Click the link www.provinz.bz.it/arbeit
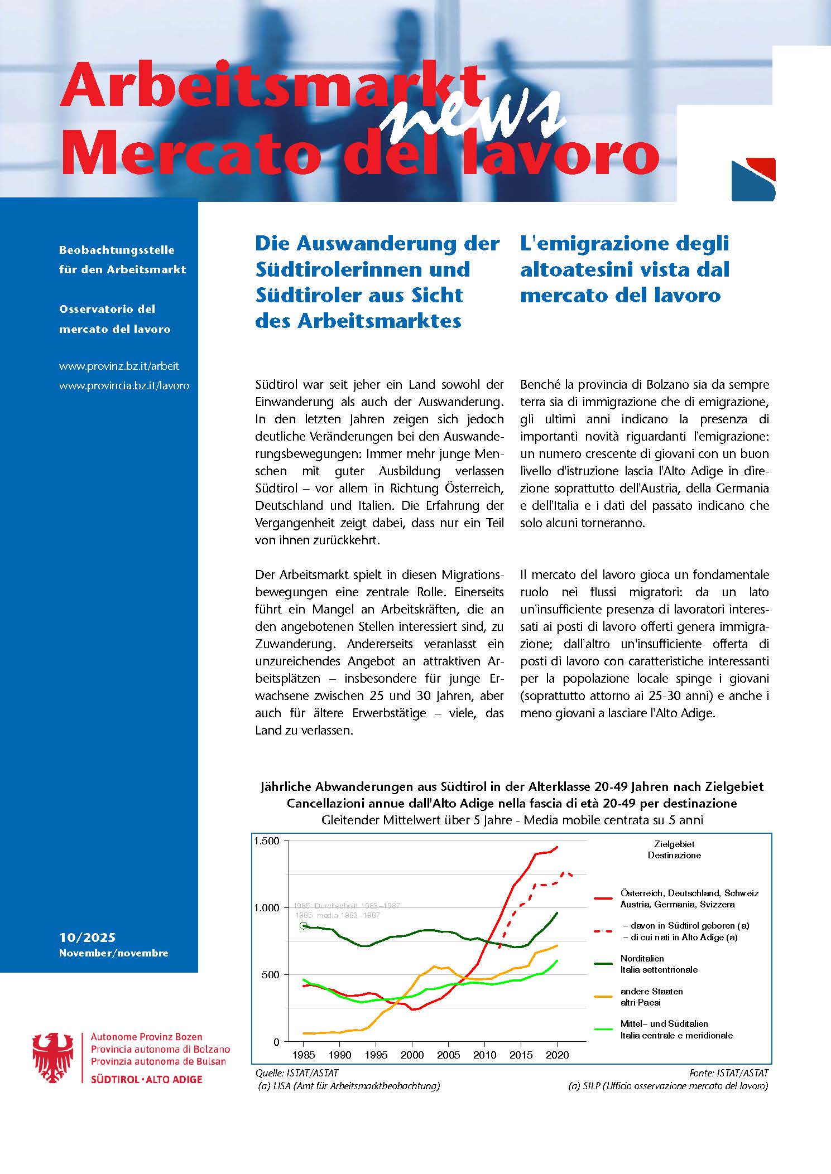pos(119,366)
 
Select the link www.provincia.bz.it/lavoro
pos(124,385)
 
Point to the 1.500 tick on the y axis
pos(266,841)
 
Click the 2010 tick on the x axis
pos(484,1055)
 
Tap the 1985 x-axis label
pos(303,1055)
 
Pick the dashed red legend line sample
pos(604,931)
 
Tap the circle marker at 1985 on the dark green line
pos(303,926)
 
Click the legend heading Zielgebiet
pos(674,844)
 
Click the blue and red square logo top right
pos(753,180)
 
